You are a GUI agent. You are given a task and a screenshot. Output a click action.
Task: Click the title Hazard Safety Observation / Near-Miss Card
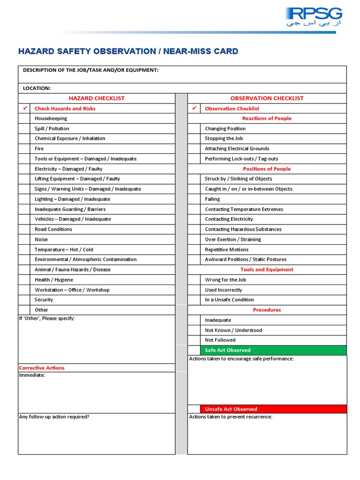pos(128,52)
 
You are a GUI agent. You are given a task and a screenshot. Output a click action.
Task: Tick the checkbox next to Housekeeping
pos(24,119)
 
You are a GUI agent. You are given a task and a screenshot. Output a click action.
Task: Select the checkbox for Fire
pos(24,149)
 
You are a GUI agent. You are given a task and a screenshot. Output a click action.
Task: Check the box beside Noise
pos(24,240)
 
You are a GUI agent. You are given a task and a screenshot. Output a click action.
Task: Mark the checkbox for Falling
pos(194,199)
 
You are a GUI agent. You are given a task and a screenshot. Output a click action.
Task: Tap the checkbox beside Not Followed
pos(194,340)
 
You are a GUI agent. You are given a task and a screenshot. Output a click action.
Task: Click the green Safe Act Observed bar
pos(273,350)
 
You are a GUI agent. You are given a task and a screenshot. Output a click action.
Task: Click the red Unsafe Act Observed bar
pos(273,409)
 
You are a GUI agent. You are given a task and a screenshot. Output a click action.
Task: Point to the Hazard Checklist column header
pos(97,98)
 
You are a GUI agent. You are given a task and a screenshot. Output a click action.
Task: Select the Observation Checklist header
pos(267,98)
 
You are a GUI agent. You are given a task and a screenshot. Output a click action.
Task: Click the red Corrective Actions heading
pos(42,368)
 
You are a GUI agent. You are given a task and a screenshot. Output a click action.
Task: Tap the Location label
pos(37,88)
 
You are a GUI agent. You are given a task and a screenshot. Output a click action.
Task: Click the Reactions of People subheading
pos(267,119)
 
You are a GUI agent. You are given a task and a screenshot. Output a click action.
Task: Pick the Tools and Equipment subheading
pos(267,270)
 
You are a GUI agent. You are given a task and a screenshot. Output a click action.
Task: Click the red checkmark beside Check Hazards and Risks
pos(25,108)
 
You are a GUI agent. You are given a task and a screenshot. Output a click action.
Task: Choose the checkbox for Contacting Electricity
pos(194,219)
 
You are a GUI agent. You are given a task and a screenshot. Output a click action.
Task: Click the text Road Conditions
pos(53,229)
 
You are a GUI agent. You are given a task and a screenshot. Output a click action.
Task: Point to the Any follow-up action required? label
pos(54,417)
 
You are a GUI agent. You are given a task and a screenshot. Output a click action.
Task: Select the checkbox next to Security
pos(24,300)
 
